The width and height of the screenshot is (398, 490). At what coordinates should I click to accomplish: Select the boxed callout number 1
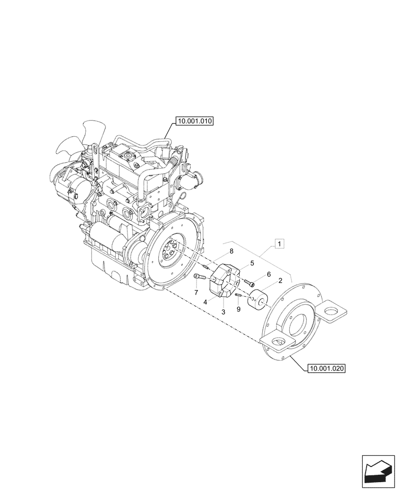[x=279, y=243]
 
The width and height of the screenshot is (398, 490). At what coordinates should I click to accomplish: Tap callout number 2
[x=280, y=281]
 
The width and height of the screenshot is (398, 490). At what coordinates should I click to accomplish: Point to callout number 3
[x=224, y=312]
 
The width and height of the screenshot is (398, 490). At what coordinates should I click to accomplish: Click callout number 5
[x=252, y=263]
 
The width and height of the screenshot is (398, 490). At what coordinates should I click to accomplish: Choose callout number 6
[x=269, y=275]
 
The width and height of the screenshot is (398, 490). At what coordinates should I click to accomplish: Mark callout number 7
[x=196, y=293]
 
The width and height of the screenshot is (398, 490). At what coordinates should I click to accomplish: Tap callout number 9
[x=238, y=309]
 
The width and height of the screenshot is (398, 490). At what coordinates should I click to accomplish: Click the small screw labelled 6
[x=251, y=283]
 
